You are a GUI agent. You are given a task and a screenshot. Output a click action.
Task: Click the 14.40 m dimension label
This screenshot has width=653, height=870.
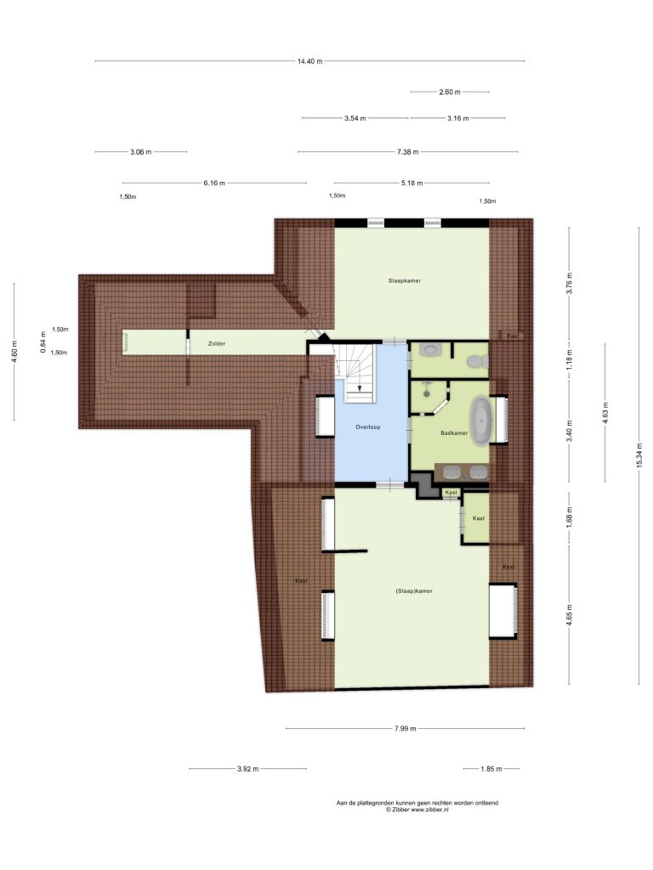click(309, 61)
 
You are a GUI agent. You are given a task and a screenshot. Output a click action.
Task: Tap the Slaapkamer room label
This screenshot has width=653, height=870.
click(404, 280)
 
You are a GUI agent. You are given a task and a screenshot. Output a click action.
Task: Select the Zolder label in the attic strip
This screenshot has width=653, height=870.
click(217, 344)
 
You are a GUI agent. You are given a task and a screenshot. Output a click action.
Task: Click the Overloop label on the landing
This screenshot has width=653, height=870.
click(367, 427)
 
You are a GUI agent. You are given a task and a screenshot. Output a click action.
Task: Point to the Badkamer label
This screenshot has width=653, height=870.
click(454, 432)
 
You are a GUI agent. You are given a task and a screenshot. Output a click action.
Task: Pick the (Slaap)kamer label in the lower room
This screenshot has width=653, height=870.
click(414, 591)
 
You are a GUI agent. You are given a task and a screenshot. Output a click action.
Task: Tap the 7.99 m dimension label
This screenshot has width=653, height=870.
click(406, 728)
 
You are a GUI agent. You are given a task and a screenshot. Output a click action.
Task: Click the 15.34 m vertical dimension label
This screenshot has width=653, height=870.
click(639, 455)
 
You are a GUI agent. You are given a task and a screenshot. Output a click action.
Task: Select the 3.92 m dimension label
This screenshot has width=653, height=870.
click(247, 769)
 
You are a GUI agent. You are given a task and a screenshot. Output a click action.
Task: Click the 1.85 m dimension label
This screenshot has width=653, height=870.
click(491, 769)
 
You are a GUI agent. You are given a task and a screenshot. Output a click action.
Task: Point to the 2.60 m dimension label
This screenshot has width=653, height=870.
click(450, 92)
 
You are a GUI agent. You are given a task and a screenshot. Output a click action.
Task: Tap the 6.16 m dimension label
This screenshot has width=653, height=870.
click(214, 184)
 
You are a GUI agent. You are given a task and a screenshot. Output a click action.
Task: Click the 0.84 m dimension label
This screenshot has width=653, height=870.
click(43, 342)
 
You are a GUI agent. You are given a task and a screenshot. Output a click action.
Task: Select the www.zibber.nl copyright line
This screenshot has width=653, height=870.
click(417, 810)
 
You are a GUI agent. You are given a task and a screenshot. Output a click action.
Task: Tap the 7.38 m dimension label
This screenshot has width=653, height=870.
click(407, 152)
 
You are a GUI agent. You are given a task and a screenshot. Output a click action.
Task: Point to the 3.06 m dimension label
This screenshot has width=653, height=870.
click(141, 152)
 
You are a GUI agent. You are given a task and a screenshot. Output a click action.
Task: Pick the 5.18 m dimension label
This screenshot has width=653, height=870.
click(412, 184)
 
